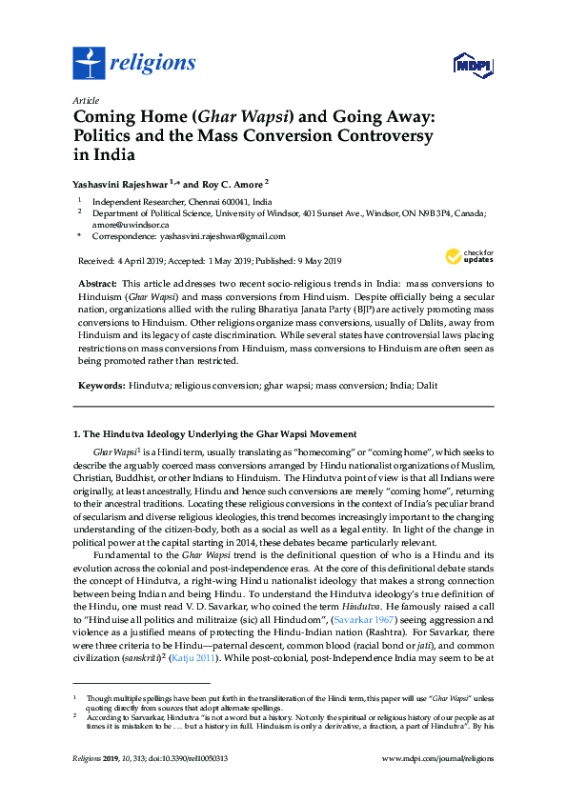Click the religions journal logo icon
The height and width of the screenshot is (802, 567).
(x=89, y=64)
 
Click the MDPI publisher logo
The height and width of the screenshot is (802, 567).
(x=472, y=64)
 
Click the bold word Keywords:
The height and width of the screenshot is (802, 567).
(x=100, y=384)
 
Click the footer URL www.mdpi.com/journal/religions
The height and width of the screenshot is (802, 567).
(x=436, y=759)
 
